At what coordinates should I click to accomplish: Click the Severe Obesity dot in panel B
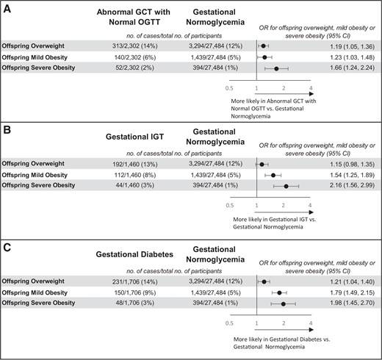286,187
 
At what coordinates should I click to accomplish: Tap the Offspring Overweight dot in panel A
263,46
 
